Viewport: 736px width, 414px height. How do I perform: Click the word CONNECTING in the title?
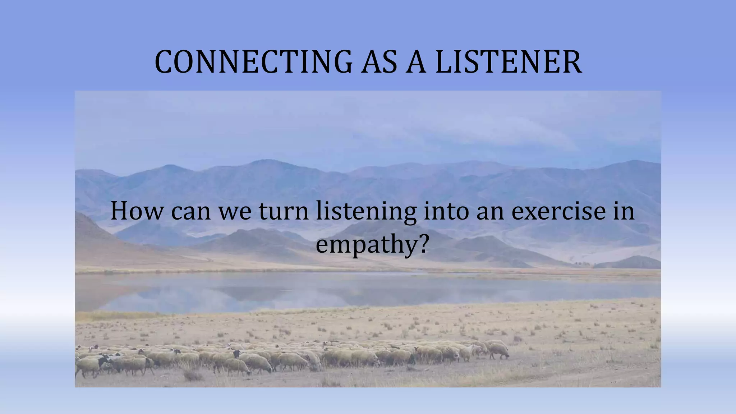[x=253, y=62]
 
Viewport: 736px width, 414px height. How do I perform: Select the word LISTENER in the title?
[x=508, y=62]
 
